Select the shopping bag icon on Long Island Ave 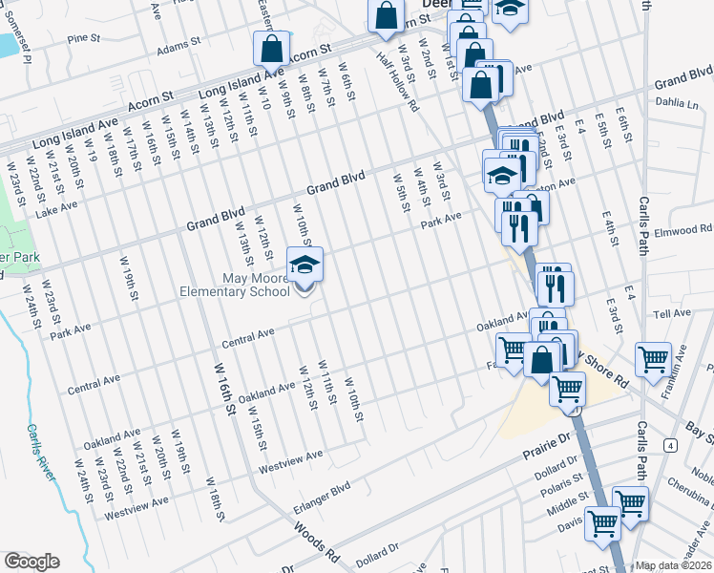point(272,50)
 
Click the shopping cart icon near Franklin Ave point(654,361)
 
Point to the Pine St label point(84,39)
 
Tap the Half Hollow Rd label point(398,82)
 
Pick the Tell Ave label point(671,313)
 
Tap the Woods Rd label point(317,541)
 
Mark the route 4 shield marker point(672,446)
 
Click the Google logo point(31,562)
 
